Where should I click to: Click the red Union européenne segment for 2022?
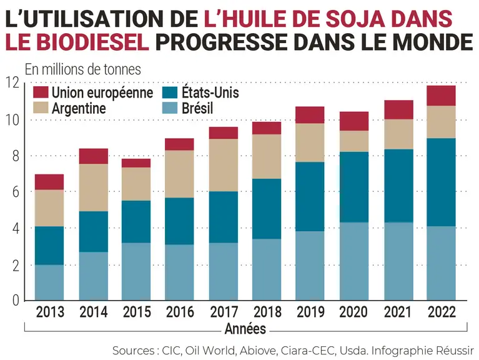(x=441, y=96)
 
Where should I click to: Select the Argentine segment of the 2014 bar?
(x=94, y=187)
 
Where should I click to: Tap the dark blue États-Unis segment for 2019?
(x=310, y=196)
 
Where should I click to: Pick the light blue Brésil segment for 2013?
(x=49, y=282)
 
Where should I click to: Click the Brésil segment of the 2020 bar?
(x=354, y=261)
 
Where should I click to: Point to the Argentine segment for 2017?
(x=224, y=166)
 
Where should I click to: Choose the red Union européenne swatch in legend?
(x=41, y=92)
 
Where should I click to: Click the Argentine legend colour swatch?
(x=41, y=108)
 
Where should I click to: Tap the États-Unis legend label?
(x=210, y=92)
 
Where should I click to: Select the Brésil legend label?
(x=197, y=108)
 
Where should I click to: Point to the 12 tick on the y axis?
(x=12, y=82)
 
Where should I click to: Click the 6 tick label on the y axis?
(x=16, y=192)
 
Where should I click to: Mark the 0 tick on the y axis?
(x=16, y=301)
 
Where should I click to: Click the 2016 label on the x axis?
(x=180, y=312)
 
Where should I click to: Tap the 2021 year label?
(x=398, y=312)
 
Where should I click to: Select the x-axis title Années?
(x=245, y=329)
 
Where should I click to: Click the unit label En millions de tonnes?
(x=83, y=69)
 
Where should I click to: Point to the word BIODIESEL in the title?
(x=94, y=42)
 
